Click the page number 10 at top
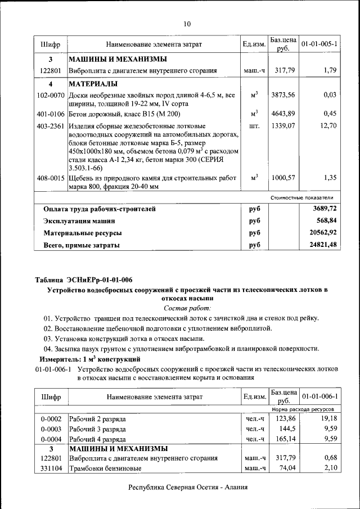point(187,24)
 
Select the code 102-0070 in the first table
point(51,95)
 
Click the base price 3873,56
point(283,95)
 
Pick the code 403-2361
point(51,126)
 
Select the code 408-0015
point(51,177)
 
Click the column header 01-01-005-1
point(319,43)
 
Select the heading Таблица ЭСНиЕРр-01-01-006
point(83,280)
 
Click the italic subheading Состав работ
point(187,308)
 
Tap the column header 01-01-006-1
point(319,397)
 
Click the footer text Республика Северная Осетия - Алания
point(187,488)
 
